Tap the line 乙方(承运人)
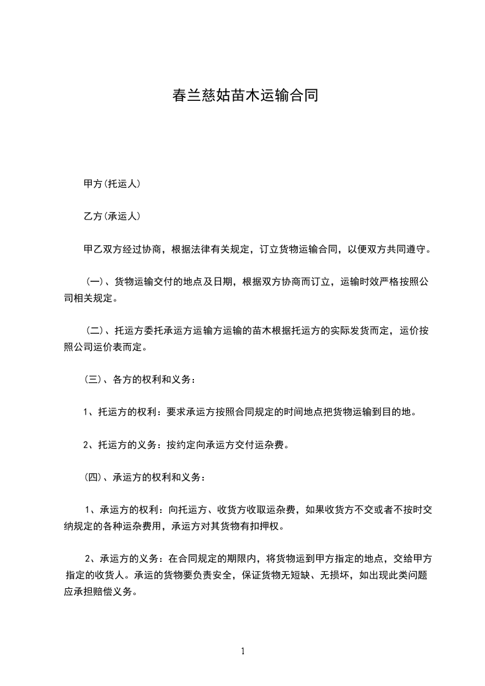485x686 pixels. (112, 216)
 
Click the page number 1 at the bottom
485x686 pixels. (243, 651)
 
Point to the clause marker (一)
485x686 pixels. (94, 282)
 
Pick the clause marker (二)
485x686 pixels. (94, 331)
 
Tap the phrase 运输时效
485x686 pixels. (361, 282)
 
